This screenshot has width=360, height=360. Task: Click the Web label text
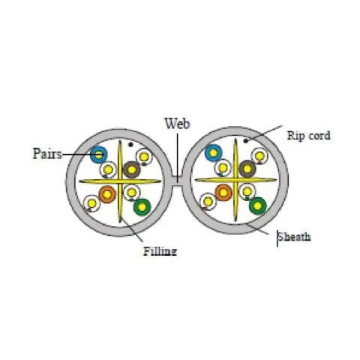tap(177, 124)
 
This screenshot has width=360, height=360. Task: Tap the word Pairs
tap(47, 154)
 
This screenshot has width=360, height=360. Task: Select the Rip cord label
tap(309, 136)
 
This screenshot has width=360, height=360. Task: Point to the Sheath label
tap(294, 237)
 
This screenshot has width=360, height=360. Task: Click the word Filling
tap(160, 251)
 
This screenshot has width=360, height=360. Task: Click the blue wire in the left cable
tap(99, 154)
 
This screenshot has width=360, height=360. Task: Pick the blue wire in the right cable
tap(213, 153)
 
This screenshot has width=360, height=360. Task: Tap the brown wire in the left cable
tap(132, 169)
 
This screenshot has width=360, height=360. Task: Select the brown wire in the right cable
tap(247, 169)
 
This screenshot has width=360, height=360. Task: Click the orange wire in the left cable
tap(107, 194)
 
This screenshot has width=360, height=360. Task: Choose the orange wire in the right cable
tap(223, 193)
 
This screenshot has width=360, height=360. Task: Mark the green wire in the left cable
tap(142, 207)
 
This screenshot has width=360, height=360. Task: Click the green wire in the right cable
tap(258, 205)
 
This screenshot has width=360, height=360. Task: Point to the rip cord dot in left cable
tap(130, 144)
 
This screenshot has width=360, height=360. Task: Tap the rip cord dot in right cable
tap(246, 141)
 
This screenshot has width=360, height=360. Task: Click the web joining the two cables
tap(177, 181)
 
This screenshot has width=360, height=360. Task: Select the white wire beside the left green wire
tap(131, 193)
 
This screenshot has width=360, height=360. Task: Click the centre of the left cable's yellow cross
tap(120, 181)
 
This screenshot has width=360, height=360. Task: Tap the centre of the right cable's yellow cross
tap(235, 179)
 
